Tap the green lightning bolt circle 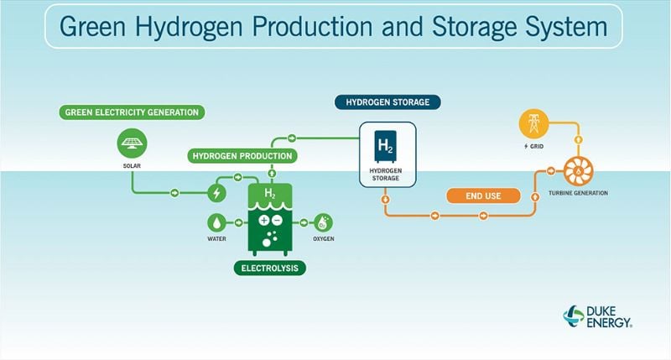click(x=216, y=193)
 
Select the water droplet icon click(x=216, y=222)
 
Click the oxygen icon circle click(x=323, y=222)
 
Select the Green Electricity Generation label click(x=130, y=112)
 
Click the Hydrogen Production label click(x=242, y=155)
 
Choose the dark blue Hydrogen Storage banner click(x=388, y=102)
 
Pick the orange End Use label click(x=482, y=196)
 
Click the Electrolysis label click(x=269, y=269)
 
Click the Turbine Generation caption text click(x=578, y=194)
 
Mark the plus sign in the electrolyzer click(x=264, y=221)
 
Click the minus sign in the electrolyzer click(x=277, y=221)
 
